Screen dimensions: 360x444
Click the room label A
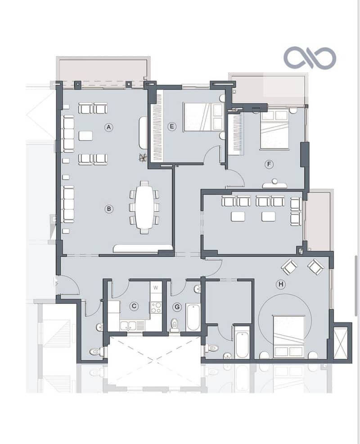click(109, 127)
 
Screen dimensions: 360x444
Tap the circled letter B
click(109, 209)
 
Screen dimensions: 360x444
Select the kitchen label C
click(134, 306)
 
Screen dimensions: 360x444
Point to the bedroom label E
click(172, 126)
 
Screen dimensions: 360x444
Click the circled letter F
click(269, 164)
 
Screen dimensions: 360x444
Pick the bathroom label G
click(177, 307)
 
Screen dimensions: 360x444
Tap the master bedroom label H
click(281, 284)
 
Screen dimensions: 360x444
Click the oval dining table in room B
click(144, 207)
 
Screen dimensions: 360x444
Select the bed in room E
click(204, 117)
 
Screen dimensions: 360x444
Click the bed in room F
click(274, 130)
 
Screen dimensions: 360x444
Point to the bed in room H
click(289, 337)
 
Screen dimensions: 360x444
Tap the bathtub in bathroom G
click(193, 317)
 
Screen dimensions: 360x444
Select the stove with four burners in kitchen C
click(156, 308)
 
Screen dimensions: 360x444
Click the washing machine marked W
click(156, 288)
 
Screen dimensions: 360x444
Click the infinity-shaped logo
click(310, 58)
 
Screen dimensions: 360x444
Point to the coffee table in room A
click(85, 136)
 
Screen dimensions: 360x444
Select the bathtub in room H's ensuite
click(242, 342)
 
